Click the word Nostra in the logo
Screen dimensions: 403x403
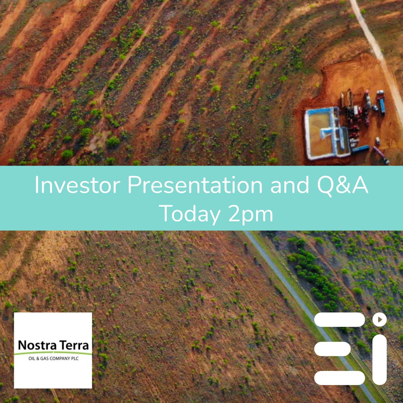(x=35, y=346)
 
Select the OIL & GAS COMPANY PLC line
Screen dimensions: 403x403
(x=53, y=359)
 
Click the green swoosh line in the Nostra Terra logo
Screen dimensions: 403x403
(x=53, y=353)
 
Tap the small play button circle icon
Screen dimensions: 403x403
(x=379, y=319)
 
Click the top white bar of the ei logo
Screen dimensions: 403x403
(x=339, y=320)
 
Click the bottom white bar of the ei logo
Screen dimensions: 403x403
(x=339, y=378)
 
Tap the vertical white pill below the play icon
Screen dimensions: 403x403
(x=379, y=359)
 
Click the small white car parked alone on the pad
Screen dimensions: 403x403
(x=378, y=141)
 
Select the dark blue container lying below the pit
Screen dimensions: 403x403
(x=360, y=149)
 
